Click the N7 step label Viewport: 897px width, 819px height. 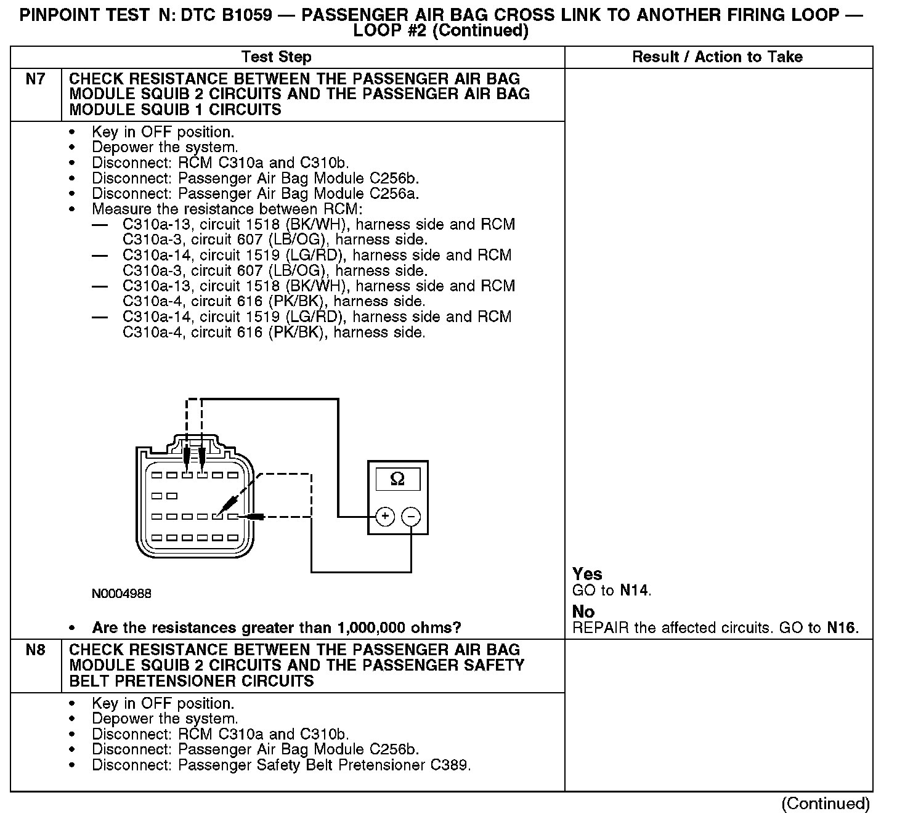tap(36, 79)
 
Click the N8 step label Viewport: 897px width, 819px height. tap(36, 651)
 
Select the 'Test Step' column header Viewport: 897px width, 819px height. tap(277, 57)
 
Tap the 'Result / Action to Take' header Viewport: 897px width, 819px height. tap(717, 57)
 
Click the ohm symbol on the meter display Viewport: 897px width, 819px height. tap(397, 479)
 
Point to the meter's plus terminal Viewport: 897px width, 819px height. tap(384, 516)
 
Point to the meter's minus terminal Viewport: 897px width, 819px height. tap(411, 516)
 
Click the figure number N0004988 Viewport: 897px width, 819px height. tap(121, 594)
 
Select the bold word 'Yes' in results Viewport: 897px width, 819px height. tap(587, 574)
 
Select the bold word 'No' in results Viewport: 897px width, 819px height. tap(583, 612)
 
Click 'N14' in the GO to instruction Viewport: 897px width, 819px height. tap(635, 591)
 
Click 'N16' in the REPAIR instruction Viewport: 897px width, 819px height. tap(841, 628)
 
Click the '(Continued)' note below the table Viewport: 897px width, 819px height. tap(826, 803)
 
